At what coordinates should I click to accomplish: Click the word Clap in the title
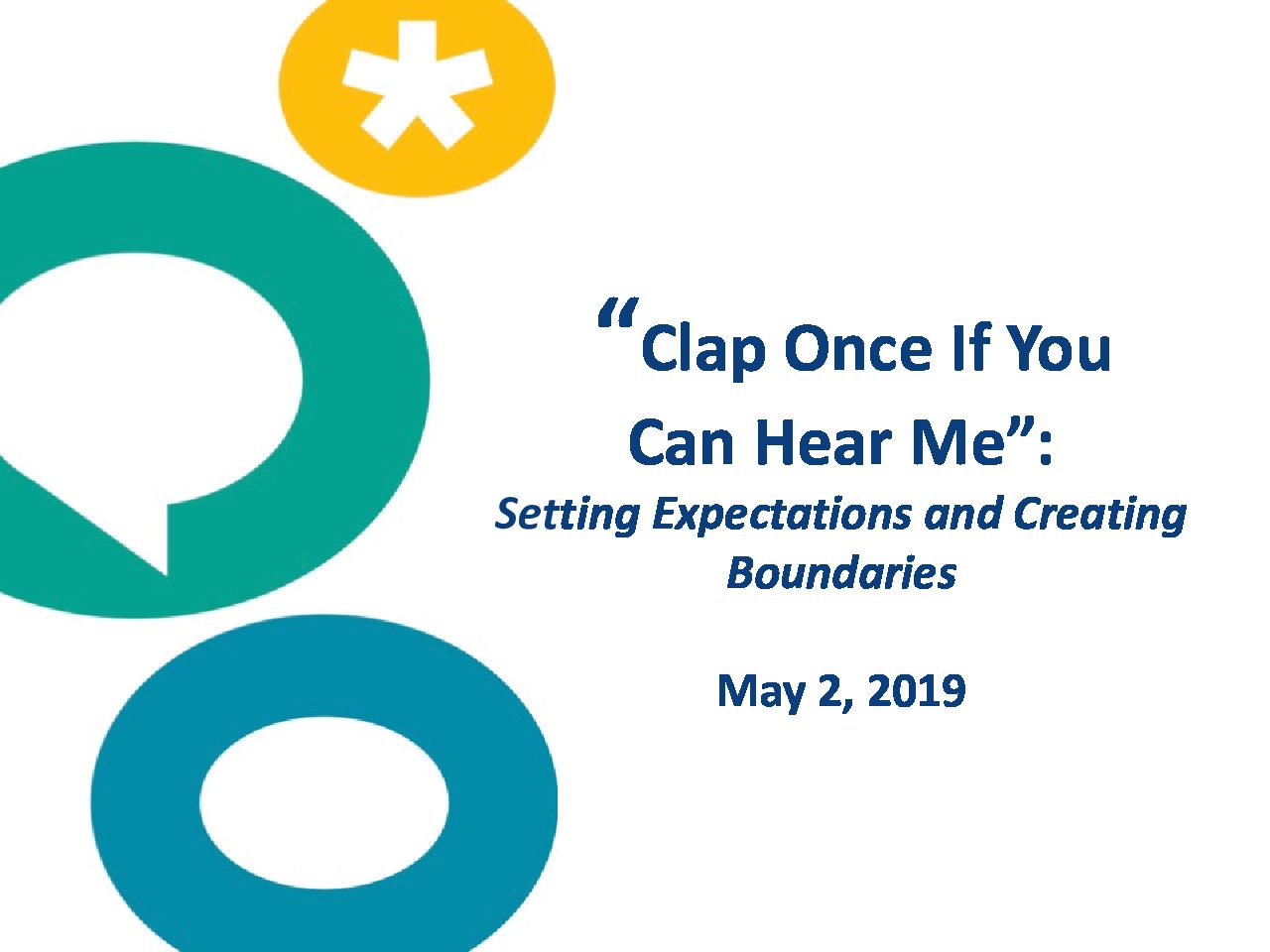tap(701, 351)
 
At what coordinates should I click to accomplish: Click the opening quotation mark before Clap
tap(618, 313)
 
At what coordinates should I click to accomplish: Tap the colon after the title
tap(1045, 449)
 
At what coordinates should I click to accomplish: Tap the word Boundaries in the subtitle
tap(841, 574)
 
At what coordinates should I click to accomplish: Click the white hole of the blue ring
tap(324, 804)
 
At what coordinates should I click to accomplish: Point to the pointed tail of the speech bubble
tap(166, 573)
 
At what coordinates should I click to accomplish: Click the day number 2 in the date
tap(833, 691)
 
